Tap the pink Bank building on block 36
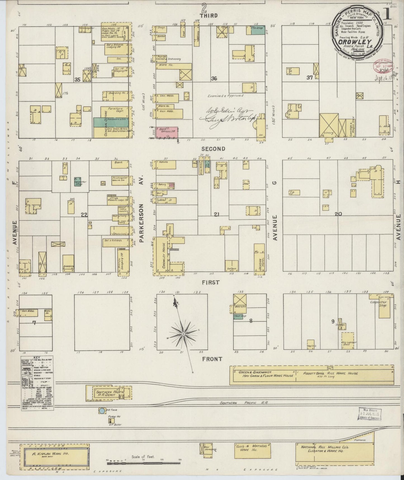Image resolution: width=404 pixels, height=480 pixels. [167, 132]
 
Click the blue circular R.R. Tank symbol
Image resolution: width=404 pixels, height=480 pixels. [102, 411]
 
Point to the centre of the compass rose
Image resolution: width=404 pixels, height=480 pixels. [183, 334]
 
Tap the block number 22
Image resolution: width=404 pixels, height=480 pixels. [84, 215]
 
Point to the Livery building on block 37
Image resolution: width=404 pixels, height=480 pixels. [329, 125]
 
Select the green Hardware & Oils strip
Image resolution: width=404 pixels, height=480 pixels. [111, 122]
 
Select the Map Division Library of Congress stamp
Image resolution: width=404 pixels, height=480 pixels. [370, 414]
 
